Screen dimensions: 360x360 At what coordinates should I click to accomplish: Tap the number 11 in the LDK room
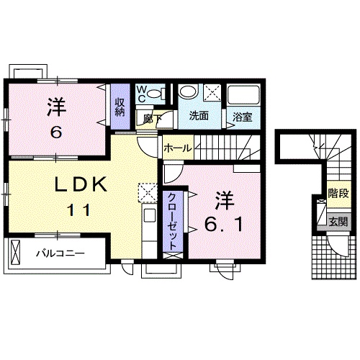(80, 211)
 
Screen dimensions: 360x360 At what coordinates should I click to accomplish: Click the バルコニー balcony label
(60, 253)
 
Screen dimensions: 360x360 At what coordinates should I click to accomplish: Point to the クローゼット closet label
(173, 220)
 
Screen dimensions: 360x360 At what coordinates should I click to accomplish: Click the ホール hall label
(176, 148)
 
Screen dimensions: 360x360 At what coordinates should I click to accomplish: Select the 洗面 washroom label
(199, 115)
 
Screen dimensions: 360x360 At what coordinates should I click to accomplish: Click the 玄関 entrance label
(337, 222)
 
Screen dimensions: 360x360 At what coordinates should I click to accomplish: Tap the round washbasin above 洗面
(189, 92)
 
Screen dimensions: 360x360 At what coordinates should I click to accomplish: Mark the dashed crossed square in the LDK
(148, 192)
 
